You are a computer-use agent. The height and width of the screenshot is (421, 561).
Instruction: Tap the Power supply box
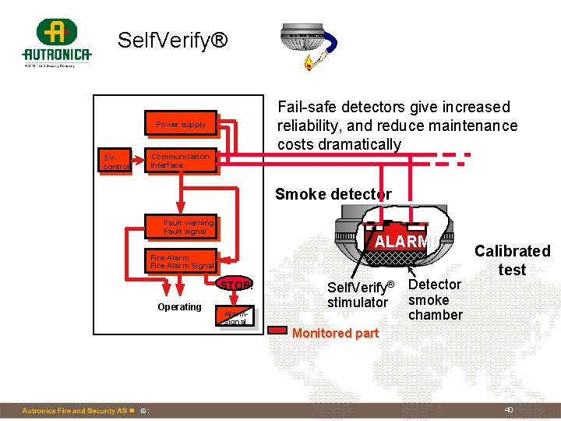tap(181, 125)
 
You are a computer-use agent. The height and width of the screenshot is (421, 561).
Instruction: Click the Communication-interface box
tap(181, 161)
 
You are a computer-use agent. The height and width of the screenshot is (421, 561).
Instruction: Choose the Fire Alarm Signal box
tap(182, 261)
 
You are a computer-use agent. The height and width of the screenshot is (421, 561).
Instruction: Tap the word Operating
tap(179, 307)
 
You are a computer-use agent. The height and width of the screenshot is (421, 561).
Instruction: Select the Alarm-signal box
tap(235, 317)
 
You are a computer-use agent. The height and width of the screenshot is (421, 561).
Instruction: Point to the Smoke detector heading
tap(333, 194)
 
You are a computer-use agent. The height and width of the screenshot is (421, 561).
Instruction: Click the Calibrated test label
tap(512, 260)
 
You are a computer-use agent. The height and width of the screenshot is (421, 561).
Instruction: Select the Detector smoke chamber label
tap(435, 299)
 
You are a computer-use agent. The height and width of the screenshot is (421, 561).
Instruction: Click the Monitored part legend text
tap(334, 333)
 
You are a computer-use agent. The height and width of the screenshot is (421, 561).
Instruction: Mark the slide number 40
tap(508, 410)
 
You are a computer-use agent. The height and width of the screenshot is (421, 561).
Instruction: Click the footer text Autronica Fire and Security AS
tap(74, 411)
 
